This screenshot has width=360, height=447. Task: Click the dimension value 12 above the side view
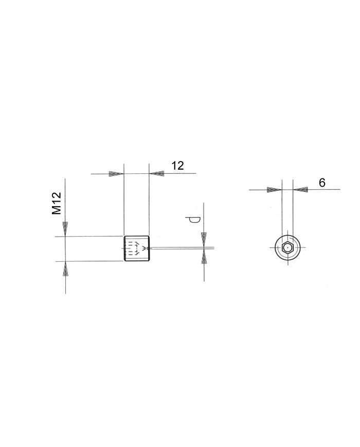pos(177,166)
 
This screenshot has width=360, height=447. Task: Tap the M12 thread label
pos(57,203)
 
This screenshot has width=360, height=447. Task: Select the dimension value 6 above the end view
pos(322,183)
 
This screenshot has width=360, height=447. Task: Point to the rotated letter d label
pos(192,220)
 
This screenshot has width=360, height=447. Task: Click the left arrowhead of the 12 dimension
pos(116,174)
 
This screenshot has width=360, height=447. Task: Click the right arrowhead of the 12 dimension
pos(156,174)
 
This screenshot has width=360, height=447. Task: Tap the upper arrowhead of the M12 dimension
pos(65,229)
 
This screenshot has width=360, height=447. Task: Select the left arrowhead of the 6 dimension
pos(274,190)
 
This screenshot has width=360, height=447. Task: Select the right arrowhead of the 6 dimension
pos(300,190)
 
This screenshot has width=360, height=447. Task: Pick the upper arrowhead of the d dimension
pos(204,240)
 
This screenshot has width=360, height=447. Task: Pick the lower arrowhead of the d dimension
pos(204,257)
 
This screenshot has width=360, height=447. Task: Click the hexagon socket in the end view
pos(287,248)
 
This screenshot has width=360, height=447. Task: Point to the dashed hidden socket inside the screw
pos(133,248)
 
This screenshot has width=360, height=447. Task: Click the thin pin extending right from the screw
pos(180,248)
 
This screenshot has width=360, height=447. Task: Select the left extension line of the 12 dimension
pos(124,206)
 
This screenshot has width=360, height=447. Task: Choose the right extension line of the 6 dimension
pos(293,216)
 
